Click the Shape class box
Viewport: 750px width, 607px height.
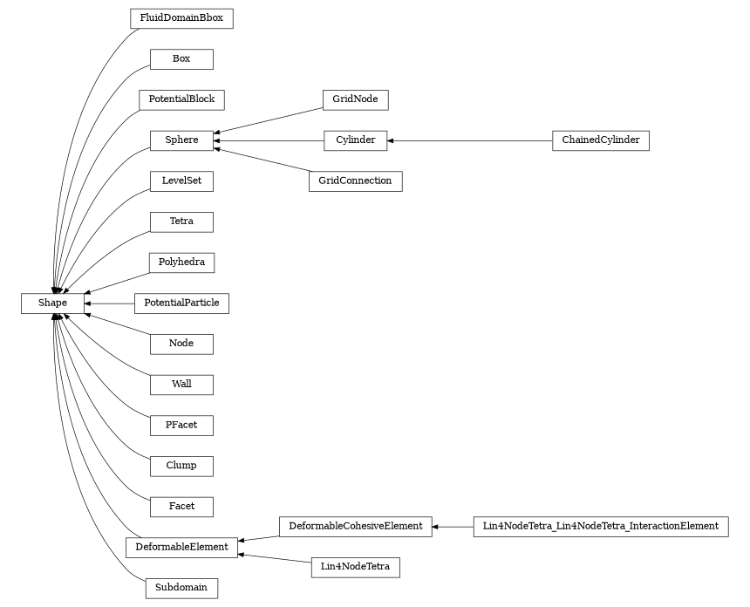52,303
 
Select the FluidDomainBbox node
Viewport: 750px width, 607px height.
181,18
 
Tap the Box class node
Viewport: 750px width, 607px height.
181,59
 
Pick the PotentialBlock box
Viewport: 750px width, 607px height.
181,99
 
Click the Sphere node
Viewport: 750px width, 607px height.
181,140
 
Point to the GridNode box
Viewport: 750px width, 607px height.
355,99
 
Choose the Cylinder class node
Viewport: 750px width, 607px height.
355,140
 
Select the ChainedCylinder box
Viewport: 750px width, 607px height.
600,140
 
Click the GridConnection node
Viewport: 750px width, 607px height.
355,181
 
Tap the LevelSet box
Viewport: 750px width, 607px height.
181,181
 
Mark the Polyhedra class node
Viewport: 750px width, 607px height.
181,262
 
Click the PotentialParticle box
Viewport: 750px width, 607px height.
181,303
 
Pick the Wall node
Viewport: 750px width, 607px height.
181,384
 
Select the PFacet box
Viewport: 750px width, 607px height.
181,425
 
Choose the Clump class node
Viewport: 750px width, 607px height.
181,465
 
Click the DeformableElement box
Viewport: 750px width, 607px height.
181,547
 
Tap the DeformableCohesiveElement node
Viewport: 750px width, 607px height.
355,526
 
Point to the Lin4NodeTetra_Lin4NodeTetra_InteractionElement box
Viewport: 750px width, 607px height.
600,526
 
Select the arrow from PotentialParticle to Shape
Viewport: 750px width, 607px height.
109,303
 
